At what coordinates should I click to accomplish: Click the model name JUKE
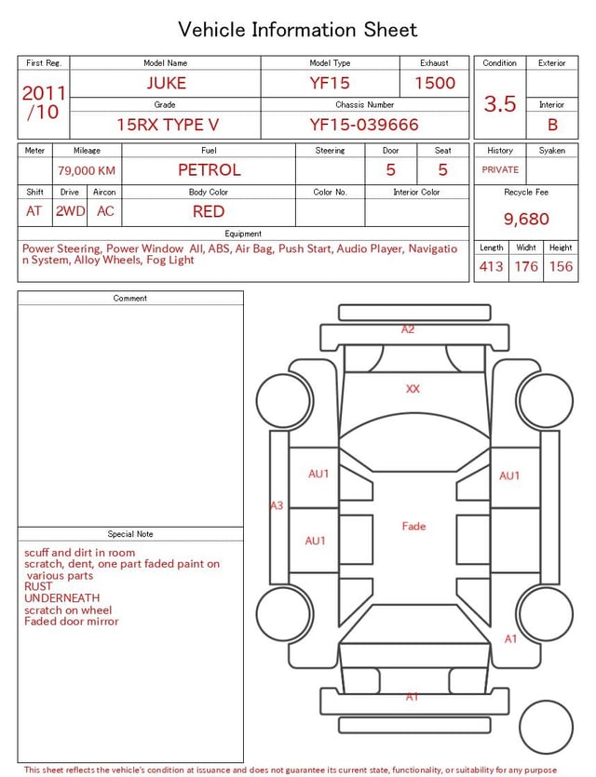click(x=166, y=83)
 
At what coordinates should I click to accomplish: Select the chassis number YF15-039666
click(x=364, y=125)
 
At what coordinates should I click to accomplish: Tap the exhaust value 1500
click(x=435, y=83)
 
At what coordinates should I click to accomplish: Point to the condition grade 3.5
click(x=500, y=104)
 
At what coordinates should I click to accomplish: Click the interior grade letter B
click(x=552, y=125)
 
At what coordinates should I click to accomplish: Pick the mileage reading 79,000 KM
click(x=87, y=170)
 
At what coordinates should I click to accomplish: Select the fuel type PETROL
click(x=210, y=170)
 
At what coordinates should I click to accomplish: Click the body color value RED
click(x=209, y=211)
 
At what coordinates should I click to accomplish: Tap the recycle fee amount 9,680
click(x=526, y=219)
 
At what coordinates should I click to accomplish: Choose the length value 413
click(x=492, y=266)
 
